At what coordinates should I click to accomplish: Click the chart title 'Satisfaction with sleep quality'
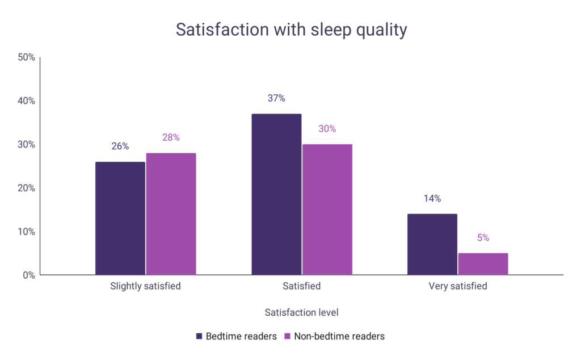[291, 30]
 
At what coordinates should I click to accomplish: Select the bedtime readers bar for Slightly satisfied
[120, 219]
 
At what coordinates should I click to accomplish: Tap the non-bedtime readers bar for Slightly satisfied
[171, 214]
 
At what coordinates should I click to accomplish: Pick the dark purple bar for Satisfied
[276, 194]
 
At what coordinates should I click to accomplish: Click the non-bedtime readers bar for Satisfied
[327, 210]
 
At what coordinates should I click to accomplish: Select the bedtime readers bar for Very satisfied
[432, 244]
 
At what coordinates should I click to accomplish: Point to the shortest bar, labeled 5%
[483, 264]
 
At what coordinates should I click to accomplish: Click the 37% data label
[276, 98]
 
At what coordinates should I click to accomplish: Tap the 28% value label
[171, 137]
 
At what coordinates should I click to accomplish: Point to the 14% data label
[432, 199]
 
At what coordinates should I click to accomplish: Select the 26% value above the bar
[120, 146]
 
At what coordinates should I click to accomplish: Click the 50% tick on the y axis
[27, 57]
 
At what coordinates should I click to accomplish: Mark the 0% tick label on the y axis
[29, 275]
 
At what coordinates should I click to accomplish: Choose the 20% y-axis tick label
[27, 188]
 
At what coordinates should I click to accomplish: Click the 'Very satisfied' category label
[458, 286]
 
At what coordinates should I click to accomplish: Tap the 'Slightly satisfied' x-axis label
[146, 286]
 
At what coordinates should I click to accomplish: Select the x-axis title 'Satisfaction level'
[302, 312]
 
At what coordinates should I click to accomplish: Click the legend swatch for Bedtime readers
[199, 336]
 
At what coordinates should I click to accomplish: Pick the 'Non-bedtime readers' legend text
[339, 336]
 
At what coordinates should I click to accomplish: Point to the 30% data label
[327, 129]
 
